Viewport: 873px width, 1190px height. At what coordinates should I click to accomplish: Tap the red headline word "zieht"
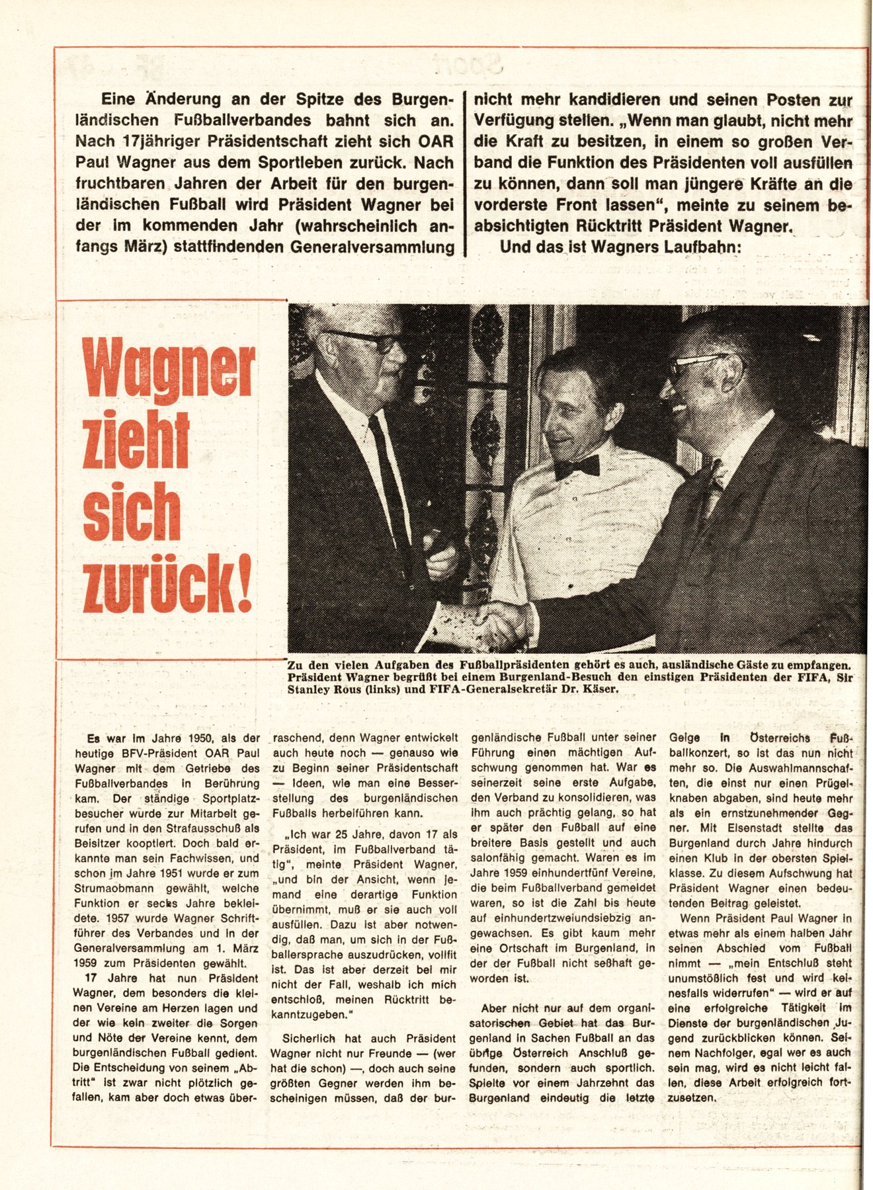click(x=136, y=440)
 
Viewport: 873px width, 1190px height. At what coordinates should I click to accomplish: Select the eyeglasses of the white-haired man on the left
click(x=368, y=340)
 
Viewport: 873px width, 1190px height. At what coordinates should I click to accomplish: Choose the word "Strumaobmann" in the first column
click(x=109, y=889)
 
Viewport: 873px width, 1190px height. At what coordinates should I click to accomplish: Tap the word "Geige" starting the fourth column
click(x=685, y=738)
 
